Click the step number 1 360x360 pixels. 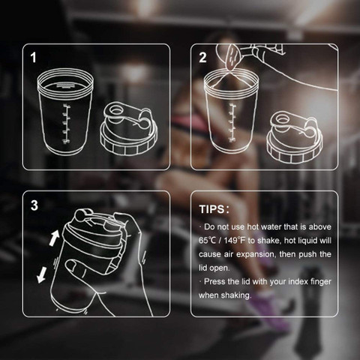coord(33,57)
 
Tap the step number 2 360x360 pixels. coord(202,57)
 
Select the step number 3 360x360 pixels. coord(34,205)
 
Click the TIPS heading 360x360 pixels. coord(214,209)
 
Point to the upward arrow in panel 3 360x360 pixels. coord(54,238)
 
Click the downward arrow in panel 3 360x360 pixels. coord(42,275)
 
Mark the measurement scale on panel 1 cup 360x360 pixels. coord(66,124)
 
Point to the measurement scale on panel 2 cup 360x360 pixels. coord(232,123)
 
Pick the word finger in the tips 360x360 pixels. coord(321,282)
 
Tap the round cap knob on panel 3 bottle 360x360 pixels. coord(81,215)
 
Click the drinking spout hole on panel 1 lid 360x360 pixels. coord(115,109)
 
